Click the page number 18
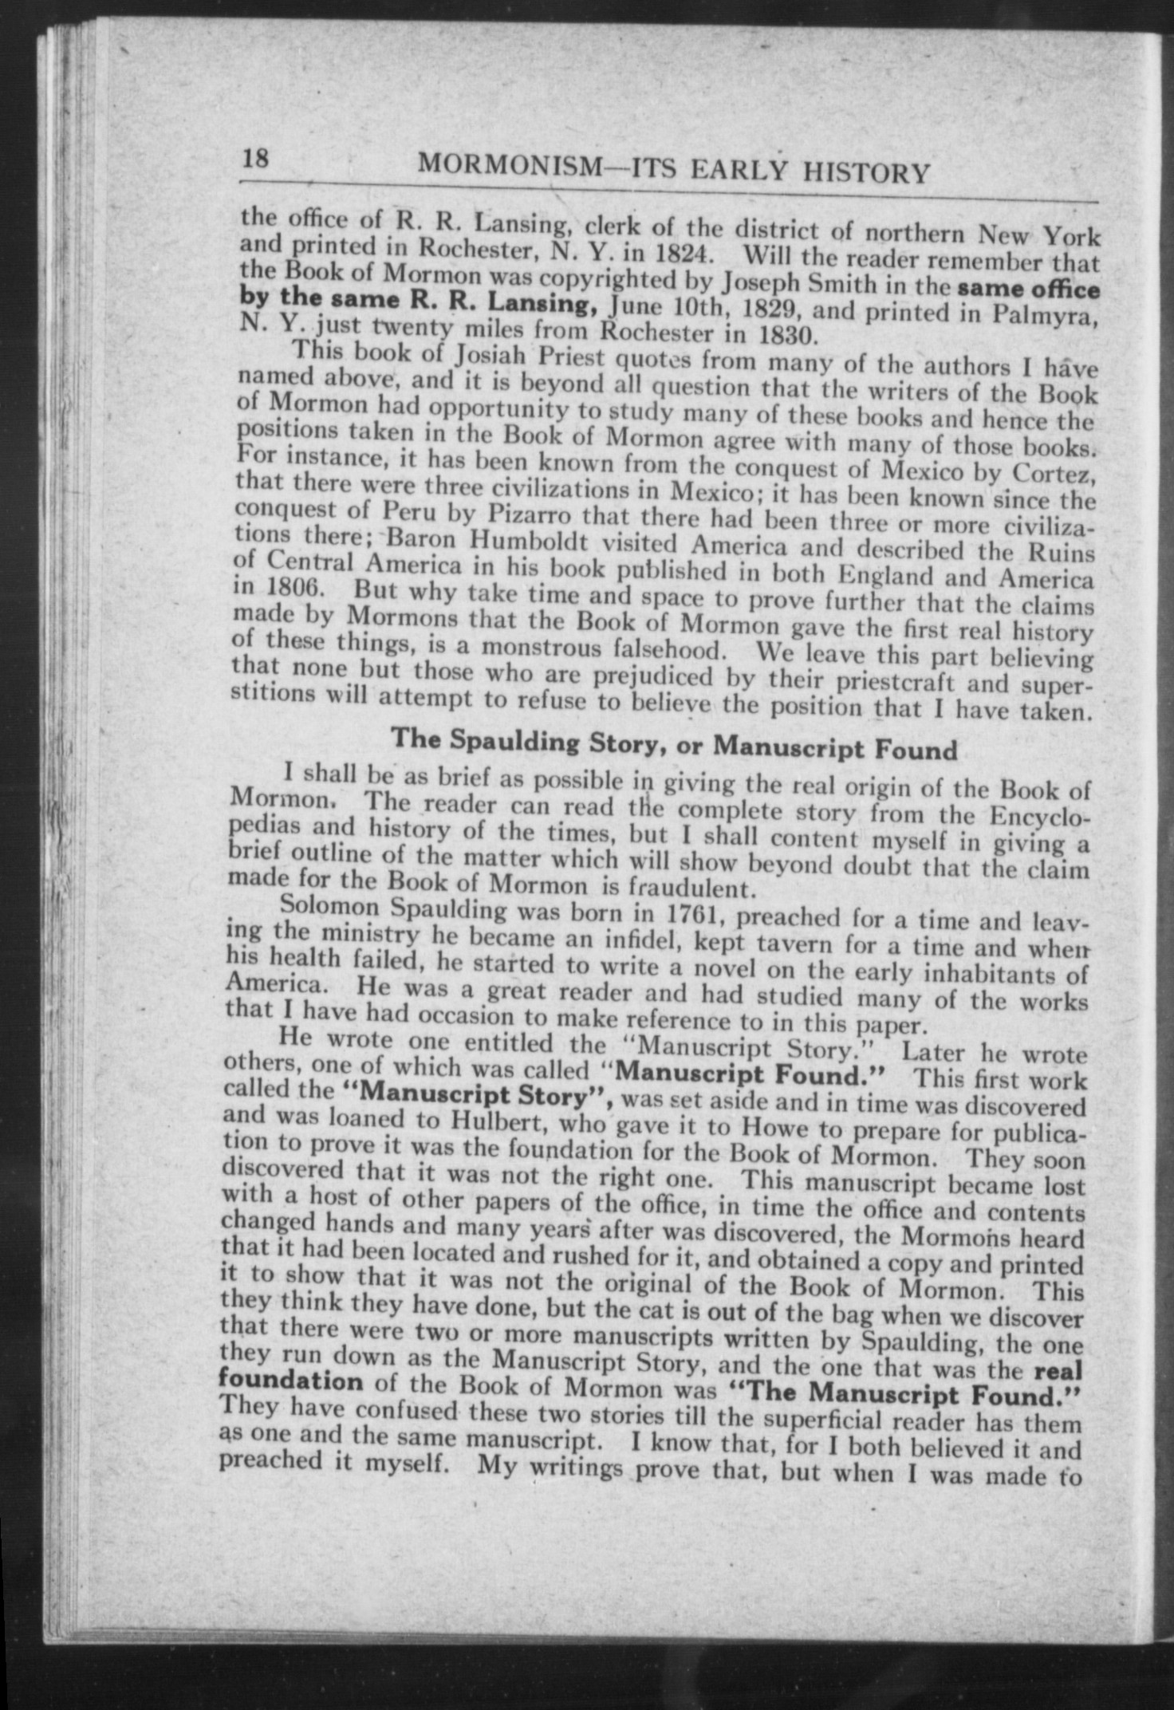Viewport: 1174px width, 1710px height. (255, 159)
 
